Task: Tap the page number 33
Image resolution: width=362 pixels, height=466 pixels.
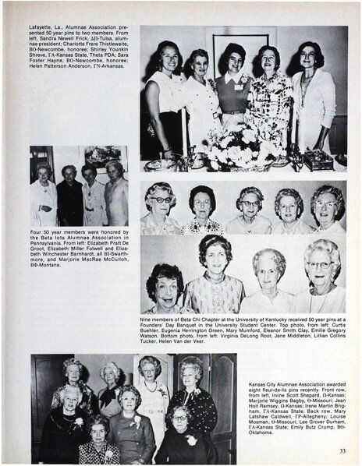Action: coord(342,450)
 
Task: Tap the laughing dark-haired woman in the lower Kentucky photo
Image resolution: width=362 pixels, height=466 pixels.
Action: coord(165,284)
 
